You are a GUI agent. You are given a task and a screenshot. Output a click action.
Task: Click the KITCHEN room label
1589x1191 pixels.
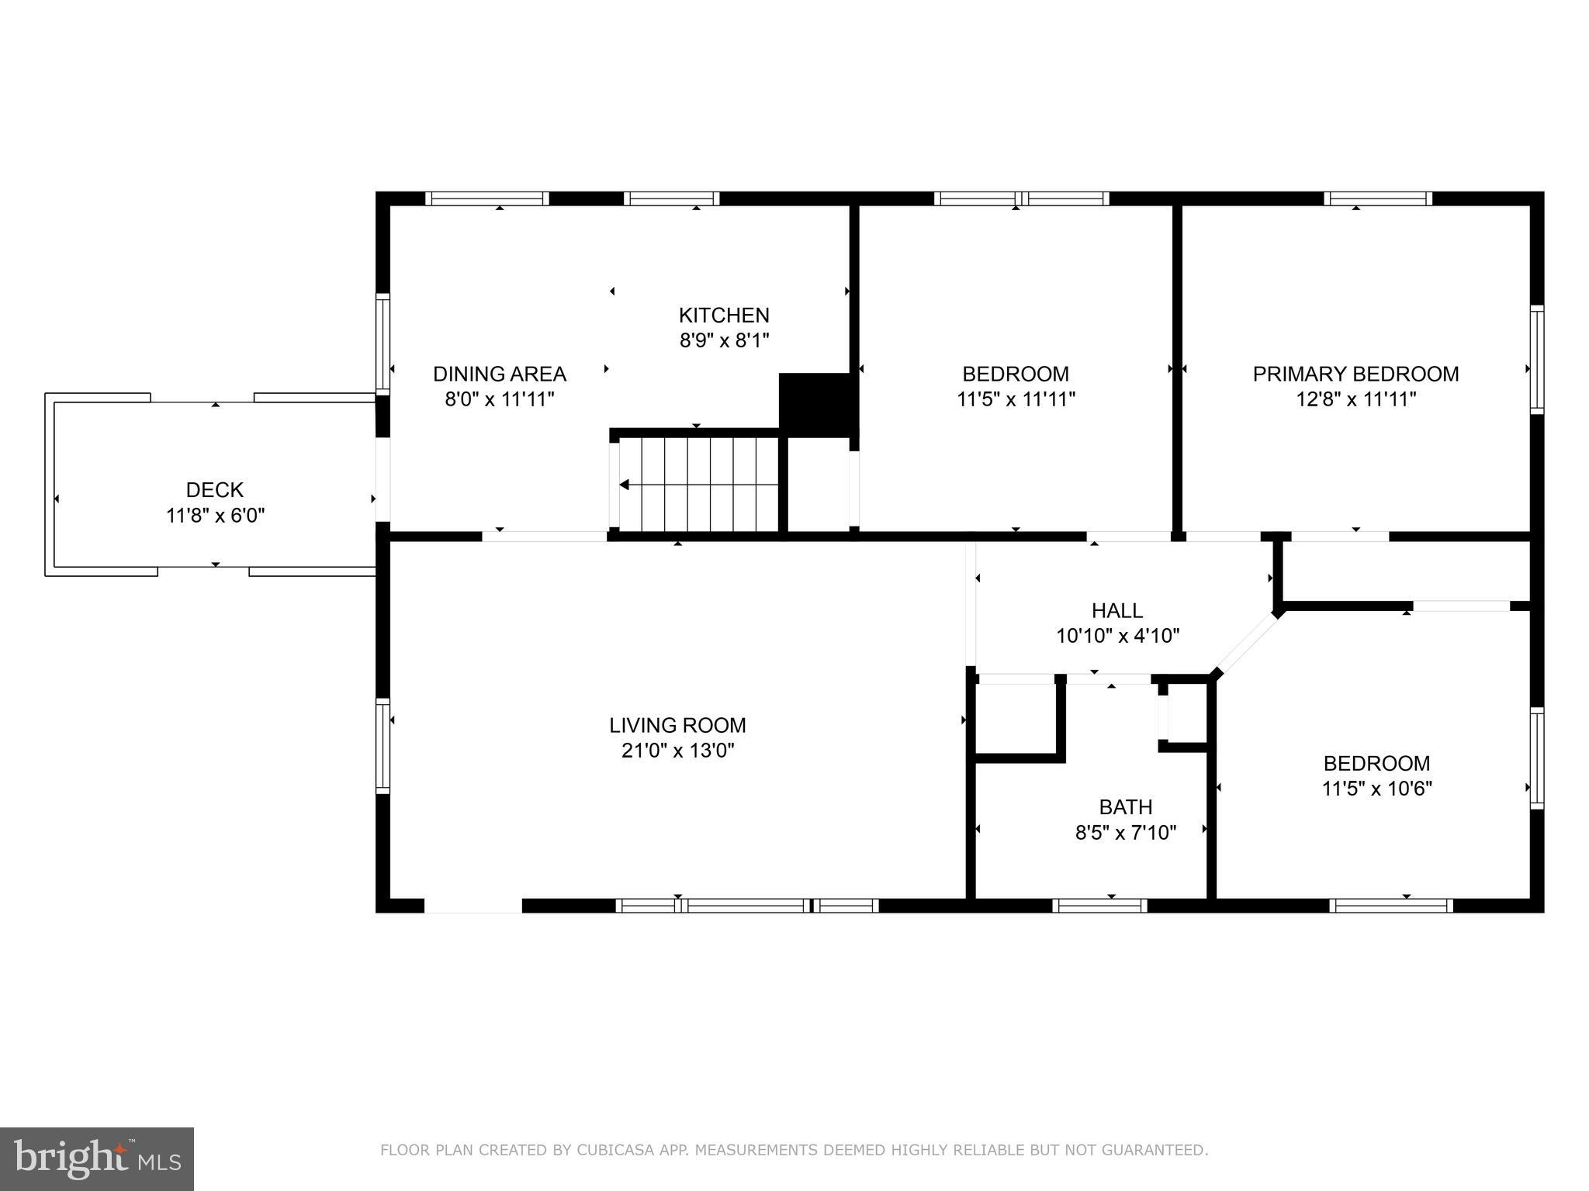coord(724,315)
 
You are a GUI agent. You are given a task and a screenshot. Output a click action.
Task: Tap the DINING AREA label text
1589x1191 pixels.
coord(499,374)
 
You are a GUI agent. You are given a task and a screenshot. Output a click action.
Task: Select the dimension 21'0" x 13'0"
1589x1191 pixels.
coord(677,751)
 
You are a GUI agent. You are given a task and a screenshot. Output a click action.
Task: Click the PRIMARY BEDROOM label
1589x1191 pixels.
coord(1355,374)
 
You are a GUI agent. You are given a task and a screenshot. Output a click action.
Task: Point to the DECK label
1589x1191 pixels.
coord(215,490)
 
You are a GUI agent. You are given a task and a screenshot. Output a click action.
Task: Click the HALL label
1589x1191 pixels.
coord(1116,610)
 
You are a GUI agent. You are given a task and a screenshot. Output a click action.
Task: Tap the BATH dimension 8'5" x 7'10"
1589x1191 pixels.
coord(1125,833)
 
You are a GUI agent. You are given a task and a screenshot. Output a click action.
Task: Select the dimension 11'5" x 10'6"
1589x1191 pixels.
coord(1376,789)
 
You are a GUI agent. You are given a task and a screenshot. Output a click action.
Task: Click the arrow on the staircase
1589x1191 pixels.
coord(625,485)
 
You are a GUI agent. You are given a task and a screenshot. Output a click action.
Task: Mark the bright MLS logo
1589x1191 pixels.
coord(96,1158)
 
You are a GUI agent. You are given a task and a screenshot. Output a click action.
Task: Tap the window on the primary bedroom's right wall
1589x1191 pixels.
coord(1536,358)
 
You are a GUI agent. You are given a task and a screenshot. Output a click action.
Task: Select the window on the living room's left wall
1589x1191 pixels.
coord(383,745)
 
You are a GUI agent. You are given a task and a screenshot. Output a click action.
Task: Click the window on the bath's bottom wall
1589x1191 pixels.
coord(1099,906)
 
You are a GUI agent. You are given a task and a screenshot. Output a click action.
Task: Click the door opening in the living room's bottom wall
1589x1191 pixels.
coord(473,906)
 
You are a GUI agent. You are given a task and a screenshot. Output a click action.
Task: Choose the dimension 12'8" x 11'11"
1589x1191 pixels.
coord(1355,399)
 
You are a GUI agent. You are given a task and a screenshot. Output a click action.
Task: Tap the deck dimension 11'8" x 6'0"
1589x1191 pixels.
coord(215,516)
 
